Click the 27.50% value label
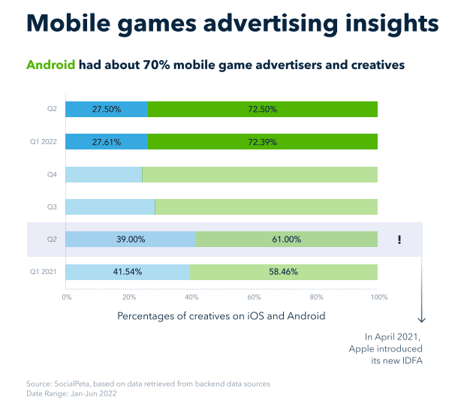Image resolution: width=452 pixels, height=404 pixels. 107,110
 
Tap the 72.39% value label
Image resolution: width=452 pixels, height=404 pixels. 262,142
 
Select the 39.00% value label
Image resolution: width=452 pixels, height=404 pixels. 131,240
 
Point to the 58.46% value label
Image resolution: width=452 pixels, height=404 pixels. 283,272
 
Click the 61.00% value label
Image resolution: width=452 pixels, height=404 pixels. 287,240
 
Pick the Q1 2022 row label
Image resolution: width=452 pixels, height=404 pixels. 44,142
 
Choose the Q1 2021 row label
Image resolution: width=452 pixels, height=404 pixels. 44,272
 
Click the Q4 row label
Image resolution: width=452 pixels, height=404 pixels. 52,174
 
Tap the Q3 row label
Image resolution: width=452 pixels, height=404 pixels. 52,207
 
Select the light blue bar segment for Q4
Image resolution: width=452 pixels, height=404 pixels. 104,174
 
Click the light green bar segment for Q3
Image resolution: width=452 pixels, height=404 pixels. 267,207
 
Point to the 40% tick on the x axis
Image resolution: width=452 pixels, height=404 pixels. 191,297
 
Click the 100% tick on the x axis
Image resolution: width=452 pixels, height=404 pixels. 379,297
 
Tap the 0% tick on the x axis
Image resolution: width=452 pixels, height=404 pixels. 67,297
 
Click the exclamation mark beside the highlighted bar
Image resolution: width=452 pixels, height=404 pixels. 399,240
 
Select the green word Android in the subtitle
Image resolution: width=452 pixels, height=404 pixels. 51,65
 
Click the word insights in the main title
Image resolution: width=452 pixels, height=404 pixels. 392,23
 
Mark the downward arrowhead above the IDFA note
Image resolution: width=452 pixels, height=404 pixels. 422,319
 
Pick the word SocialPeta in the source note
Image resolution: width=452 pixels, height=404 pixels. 72,384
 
